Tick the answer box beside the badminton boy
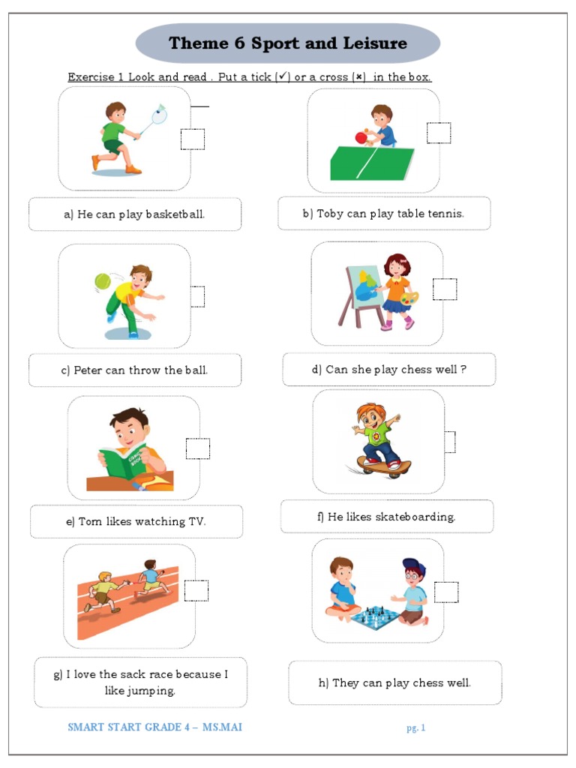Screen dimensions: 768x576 click(193, 139)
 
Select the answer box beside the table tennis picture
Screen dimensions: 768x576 click(439, 133)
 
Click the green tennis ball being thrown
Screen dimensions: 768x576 click(102, 281)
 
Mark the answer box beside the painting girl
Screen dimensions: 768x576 click(445, 289)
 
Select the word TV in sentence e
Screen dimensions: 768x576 click(196, 522)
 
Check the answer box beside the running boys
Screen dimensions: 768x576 click(196, 590)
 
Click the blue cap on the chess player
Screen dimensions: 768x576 click(412, 565)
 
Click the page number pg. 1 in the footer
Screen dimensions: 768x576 click(416, 727)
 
